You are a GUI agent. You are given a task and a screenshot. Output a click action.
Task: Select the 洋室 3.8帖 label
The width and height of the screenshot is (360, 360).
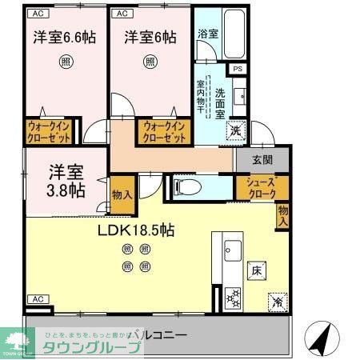pos(65,181)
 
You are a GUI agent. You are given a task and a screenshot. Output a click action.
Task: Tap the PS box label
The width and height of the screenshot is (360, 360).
pos(238,69)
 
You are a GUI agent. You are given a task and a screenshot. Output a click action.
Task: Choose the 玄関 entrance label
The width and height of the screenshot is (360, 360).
pos(261,159)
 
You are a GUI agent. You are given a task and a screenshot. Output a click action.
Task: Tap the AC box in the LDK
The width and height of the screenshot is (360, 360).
pos(35,298)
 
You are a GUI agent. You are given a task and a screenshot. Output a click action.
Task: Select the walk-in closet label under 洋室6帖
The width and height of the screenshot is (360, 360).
pos(165,131)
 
